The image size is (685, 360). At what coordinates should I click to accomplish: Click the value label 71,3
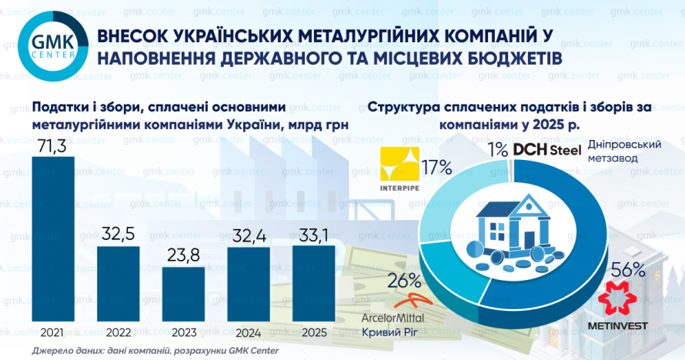(x=52, y=145)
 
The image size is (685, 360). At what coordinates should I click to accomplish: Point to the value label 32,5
(x=118, y=234)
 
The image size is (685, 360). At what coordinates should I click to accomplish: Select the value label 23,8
(x=183, y=255)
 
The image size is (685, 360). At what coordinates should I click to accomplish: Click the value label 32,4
(x=249, y=234)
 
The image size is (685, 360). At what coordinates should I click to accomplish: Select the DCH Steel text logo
(x=547, y=149)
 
